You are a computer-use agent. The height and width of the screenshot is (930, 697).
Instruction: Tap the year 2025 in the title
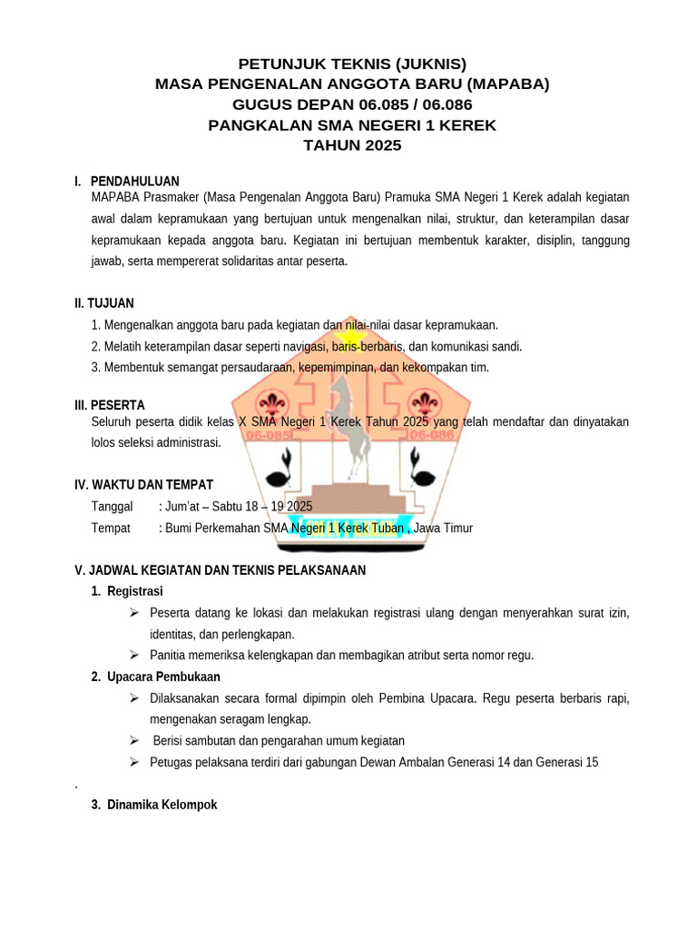click(379, 145)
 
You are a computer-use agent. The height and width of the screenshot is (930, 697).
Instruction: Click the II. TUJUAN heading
click(104, 302)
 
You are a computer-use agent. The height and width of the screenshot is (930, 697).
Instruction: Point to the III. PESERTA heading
click(109, 405)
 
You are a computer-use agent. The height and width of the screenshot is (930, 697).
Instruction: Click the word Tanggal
click(113, 506)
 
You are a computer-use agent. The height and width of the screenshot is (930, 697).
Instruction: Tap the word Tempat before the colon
click(111, 528)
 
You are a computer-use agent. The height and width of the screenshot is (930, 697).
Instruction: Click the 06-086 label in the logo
click(428, 435)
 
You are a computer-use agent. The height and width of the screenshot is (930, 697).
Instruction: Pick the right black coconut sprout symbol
click(420, 466)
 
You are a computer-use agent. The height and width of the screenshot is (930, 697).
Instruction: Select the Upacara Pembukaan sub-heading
click(163, 677)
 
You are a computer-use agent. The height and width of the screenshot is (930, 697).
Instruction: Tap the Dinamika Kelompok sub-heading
click(162, 805)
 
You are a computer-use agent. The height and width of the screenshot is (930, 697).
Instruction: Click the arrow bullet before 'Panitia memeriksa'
click(133, 655)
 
